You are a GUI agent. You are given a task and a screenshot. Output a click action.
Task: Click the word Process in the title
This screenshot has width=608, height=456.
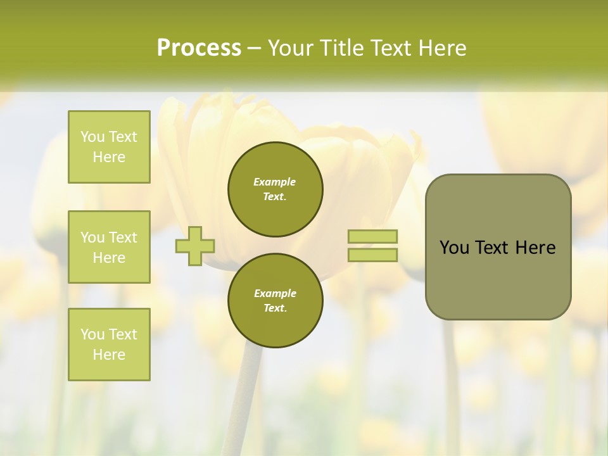(x=199, y=47)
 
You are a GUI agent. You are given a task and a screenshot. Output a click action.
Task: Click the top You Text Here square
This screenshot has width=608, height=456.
(x=109, y=147)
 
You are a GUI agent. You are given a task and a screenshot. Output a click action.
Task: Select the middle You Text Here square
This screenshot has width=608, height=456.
(x=109, y=247)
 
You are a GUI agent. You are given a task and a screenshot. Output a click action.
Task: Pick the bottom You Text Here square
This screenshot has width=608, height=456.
(x=109, y=345)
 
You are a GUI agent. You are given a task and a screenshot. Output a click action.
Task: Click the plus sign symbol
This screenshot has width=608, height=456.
(x=195, y=246)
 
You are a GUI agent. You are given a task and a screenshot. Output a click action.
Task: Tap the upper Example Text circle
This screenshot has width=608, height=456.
(x=275, y=189)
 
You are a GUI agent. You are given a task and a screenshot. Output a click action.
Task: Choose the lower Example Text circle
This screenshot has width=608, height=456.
(x=275, y=301)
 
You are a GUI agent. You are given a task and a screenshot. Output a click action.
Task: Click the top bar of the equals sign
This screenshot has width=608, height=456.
(x=372, y=236)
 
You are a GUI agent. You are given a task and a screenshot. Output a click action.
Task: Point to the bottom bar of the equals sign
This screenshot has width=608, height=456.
(x=372, y=255)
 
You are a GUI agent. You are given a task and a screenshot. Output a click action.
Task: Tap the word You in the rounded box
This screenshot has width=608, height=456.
(x=454, y=248)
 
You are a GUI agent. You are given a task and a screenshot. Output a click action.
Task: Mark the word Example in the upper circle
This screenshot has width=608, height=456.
(x=275, y=182)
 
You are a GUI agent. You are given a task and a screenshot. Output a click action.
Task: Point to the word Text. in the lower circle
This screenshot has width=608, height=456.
(x=275, y=308)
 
